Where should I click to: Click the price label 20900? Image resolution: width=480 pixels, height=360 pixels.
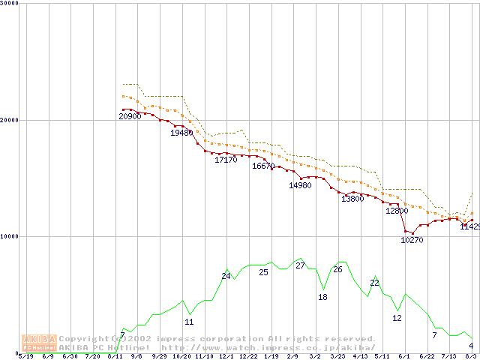point(130,116)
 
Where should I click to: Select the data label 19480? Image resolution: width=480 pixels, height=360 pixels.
point(181,133)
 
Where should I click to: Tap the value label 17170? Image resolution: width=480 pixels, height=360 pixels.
point(226,160)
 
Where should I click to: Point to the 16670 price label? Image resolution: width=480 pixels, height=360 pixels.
point(263,166)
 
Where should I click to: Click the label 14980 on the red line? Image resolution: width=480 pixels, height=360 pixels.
point(300,186)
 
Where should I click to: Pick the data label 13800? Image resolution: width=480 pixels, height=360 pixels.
point(352,199)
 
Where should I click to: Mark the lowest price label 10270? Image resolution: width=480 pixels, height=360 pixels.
point(412,241)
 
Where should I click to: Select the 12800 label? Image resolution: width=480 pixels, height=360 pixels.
point(397,211)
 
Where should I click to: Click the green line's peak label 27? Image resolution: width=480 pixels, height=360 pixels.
point(300,265)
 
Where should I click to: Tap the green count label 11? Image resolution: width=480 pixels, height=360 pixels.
point(189,322)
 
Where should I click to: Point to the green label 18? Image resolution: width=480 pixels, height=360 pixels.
point(322,298)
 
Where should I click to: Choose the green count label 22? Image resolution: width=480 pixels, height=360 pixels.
point(374,283)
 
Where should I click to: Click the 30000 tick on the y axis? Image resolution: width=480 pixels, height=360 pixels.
point(10,4)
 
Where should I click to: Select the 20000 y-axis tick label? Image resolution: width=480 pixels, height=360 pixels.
point(10,120)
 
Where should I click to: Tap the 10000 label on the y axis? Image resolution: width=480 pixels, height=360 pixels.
point(10,236)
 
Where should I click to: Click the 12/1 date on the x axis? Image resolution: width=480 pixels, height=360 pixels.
point(226,356)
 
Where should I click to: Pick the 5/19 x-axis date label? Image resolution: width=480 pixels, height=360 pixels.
point(25,356)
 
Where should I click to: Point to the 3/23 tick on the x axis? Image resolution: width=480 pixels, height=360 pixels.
point(337,356)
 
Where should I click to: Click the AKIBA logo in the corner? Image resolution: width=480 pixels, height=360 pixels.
point(39,343)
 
